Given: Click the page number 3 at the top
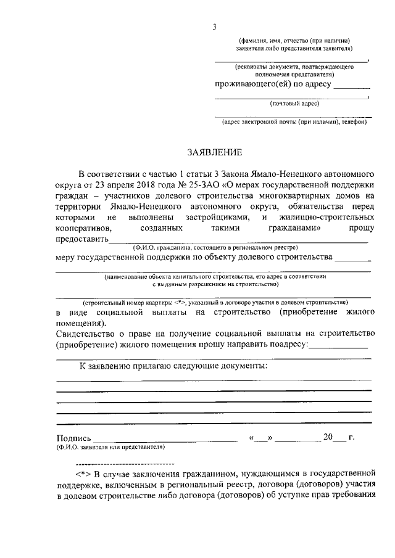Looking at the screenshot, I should (214, 27).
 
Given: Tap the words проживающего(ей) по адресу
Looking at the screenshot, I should (273, 84).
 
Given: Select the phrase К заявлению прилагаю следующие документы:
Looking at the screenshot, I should (173, 366).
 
